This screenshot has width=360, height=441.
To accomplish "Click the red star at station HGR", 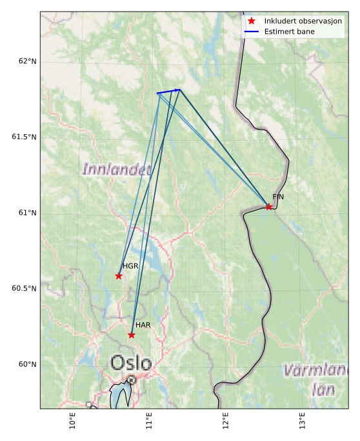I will point(119,276).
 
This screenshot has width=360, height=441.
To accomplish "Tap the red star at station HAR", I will point(132,335).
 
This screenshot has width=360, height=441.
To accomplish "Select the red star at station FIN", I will point(269,207).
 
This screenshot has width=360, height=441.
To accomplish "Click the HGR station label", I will point(130,266).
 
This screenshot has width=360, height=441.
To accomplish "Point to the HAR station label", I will point(143,325).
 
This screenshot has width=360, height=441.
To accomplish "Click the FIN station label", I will point(278,197).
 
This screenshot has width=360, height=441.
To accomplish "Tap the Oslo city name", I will point(131,363).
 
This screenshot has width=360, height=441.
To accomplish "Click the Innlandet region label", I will point(116,170).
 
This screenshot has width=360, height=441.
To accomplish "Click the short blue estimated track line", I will point(168,92).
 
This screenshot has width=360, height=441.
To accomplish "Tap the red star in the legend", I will point(252,21).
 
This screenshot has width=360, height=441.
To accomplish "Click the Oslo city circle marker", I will point(131,380).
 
